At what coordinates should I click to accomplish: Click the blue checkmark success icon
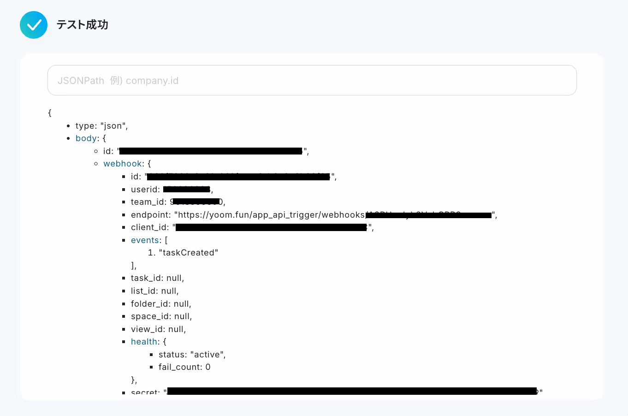click(34, 25)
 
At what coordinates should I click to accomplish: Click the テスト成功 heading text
click(82, 25)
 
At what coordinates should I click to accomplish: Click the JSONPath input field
click(312, 80)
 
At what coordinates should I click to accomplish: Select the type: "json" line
click(101, 126)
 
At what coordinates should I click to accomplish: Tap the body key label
click(86, 138)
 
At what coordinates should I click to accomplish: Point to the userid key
click(144, 190)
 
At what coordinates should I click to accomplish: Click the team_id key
click(148, 202)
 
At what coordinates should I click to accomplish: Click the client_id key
click(149, 227)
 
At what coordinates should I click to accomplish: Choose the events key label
click(145, 240)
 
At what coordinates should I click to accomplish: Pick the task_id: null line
click(157, 278)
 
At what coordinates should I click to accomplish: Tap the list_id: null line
click(154, 291)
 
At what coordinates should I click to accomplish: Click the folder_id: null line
click(161, 304)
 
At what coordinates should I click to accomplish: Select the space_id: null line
click(161, 316)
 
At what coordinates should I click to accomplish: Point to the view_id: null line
click(158, 329)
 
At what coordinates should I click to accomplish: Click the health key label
click(144, 342)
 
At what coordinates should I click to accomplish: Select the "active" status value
click(207, 355)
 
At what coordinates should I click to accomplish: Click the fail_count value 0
click(208, 367)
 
